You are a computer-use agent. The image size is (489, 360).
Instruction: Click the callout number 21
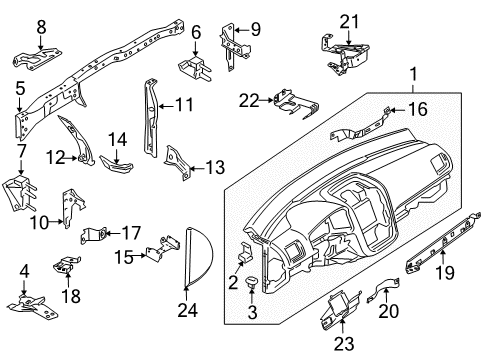pyautogui.click(x=349, y=22)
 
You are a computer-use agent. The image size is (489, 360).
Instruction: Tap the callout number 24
pyautogui.click(x=188, y=310)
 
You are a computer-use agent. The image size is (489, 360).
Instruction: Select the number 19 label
pyautogui.click(x=445, y=273)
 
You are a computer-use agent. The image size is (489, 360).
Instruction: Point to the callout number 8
pyautogui.click(x=41, y=27)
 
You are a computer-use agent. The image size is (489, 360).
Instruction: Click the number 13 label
pyautogui.click(x=215, y=167)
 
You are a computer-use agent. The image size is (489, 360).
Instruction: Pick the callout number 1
pyautogui.click(x=413, y=75)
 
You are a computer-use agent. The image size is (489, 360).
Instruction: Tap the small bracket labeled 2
pyautogui.click(x=246, y=253)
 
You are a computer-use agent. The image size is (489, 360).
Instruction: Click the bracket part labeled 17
pyautogui.click(x=94, y=235)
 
